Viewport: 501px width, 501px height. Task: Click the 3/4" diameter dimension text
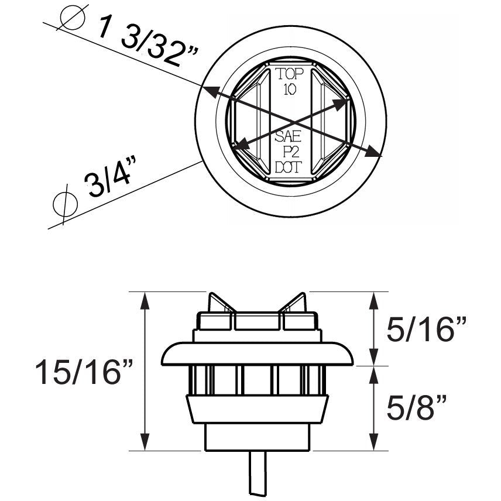(111, 183)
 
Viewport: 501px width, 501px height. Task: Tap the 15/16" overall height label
(84, 372)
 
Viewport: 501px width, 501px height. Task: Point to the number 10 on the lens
(289, 89)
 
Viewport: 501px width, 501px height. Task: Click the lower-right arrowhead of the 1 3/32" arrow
(376, 153)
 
